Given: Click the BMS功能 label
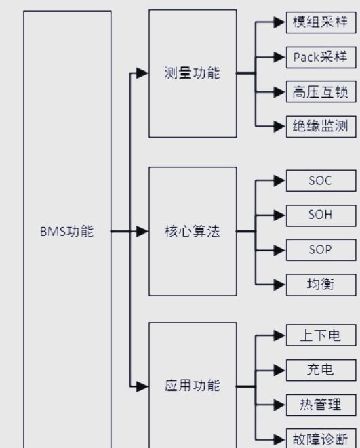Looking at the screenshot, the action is coord(67,231).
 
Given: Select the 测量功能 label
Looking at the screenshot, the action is coord(192,73).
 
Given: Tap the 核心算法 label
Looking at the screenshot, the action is coord(192,231).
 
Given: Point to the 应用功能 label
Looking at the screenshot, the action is coord(192,386).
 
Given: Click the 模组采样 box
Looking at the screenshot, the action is coord(321,22).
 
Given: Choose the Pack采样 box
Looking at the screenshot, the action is coord(321,58).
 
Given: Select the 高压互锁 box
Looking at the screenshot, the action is coord(321,91).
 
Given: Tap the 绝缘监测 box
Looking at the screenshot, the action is coord(321,127).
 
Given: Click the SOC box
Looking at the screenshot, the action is coord(321,181).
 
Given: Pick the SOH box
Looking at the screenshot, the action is coord(321,216).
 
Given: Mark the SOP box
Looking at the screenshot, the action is coord(321,250).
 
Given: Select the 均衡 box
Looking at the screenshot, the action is coord(321,285).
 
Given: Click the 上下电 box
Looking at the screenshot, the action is coord(321,335).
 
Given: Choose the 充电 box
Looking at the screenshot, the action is coord(321,370).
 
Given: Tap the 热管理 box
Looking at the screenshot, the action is coord(321,405).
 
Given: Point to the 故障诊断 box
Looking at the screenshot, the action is coord(321,439).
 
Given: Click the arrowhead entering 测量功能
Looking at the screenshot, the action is coord(142,73).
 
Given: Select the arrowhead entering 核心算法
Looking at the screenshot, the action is coord(142,231).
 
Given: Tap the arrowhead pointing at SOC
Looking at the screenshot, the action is coord(279,180).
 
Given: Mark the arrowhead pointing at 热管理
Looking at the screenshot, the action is coord(279,405).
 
